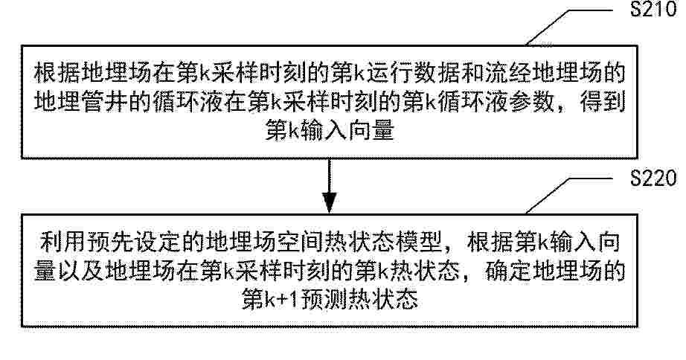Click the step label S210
pyautogui.click(x=653, y=9)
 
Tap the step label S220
pyautogui.click(x=653, y=179)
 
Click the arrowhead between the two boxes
pyautogui.click(x=329, y=202)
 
